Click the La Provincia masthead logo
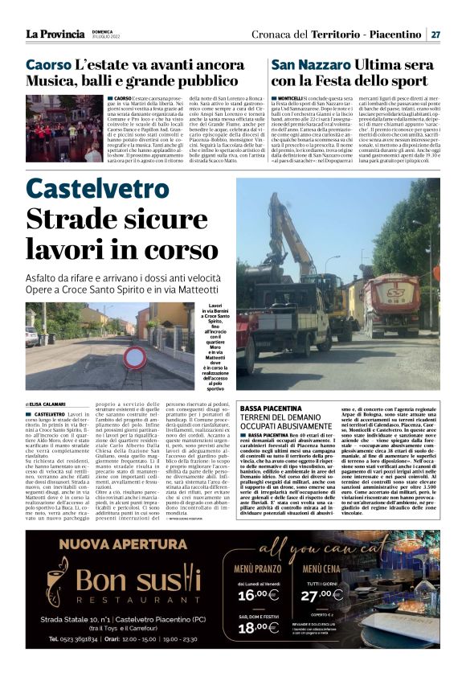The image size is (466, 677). [x=55, y=34]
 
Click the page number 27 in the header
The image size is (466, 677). [x=435, y=35]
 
